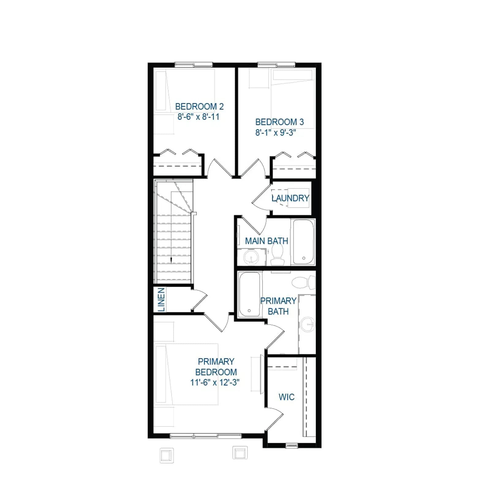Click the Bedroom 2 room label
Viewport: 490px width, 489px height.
point(199,106)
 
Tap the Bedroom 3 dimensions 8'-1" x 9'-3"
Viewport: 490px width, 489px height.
point(276,132)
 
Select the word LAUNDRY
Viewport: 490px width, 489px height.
point(290,198)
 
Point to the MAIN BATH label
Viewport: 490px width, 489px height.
point(266,241)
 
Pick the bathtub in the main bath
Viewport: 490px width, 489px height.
point(303,242)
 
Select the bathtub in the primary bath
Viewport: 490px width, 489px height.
point(250,294)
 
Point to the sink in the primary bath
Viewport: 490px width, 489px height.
point(307,324)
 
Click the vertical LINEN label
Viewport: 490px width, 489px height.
point(161,300)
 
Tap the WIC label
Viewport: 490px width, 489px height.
point(287,397)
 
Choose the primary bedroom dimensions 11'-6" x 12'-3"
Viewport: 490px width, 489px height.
point(215,382)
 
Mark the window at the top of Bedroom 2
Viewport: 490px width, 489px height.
point(194,65)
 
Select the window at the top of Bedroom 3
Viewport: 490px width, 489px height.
point(277,65)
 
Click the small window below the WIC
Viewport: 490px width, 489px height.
point(292,446)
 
